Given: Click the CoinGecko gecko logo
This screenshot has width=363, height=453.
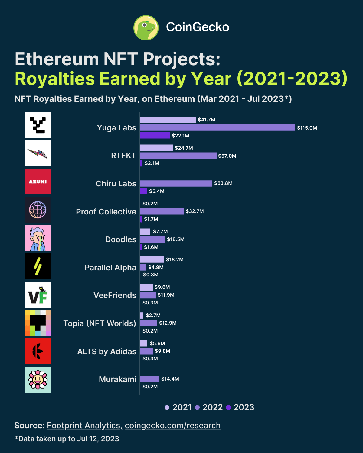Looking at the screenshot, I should [146, 28].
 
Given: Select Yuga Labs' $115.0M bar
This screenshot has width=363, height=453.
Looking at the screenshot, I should [217, 127].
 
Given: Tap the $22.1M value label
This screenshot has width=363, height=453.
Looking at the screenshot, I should [180, 136].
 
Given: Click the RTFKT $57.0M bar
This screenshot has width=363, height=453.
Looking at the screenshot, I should [178, 156].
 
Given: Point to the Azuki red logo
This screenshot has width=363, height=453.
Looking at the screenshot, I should [38, 182].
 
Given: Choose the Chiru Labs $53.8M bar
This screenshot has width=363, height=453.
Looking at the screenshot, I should [176, 183].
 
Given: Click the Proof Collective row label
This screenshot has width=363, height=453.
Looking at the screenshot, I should [106, 212].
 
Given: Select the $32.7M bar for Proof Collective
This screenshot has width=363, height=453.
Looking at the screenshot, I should [162, 211].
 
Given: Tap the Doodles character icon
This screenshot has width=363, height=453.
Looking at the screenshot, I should [38, 238].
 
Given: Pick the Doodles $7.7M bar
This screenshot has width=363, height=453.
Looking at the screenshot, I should [145, 232].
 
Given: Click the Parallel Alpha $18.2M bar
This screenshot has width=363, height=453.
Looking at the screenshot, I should [152, 259].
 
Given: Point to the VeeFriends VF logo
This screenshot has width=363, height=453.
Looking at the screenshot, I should [38, 295].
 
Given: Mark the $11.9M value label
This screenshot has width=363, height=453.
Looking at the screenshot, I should [166, 295].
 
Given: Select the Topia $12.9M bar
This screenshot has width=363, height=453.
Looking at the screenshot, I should [148, 323].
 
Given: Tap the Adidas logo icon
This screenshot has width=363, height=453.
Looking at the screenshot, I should [38, 351].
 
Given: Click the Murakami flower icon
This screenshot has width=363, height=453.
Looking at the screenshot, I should [38, 380].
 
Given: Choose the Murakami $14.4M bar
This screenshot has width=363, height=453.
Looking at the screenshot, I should [149, 379].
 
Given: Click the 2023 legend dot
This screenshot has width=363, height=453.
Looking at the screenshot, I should [228, 407].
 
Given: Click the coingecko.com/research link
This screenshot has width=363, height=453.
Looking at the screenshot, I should [172, 426].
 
